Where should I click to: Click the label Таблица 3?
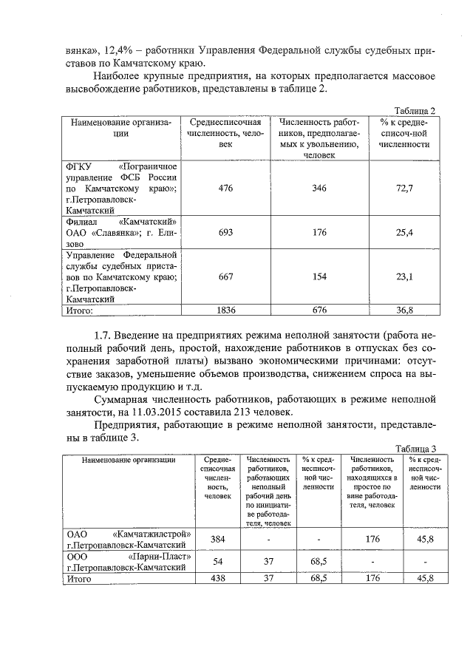point(415,449)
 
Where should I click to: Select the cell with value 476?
point(225,189)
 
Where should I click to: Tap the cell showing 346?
point(319,189)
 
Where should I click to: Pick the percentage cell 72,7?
point(404,189)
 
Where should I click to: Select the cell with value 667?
point(225,276)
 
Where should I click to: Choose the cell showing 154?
point(319,276)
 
